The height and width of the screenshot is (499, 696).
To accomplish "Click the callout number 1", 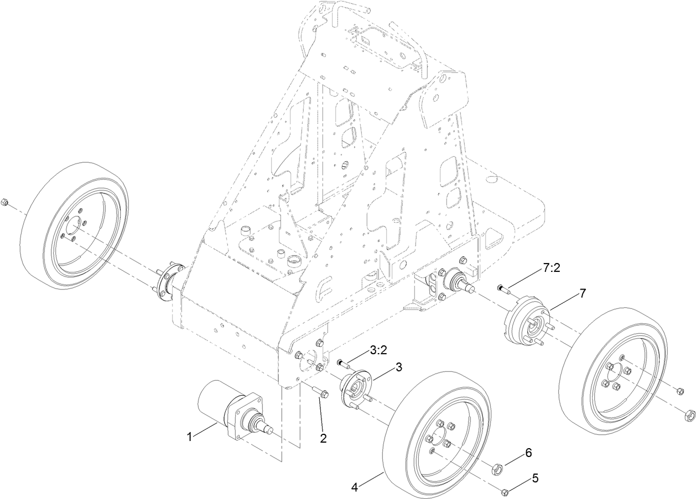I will (189, 437).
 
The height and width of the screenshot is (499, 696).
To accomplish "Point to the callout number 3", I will (398, 367).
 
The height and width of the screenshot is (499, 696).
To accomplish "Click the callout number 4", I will (354, 487).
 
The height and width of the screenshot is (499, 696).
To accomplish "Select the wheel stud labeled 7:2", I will (502, 288).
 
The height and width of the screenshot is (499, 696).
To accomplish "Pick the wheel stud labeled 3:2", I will (342, 363).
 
